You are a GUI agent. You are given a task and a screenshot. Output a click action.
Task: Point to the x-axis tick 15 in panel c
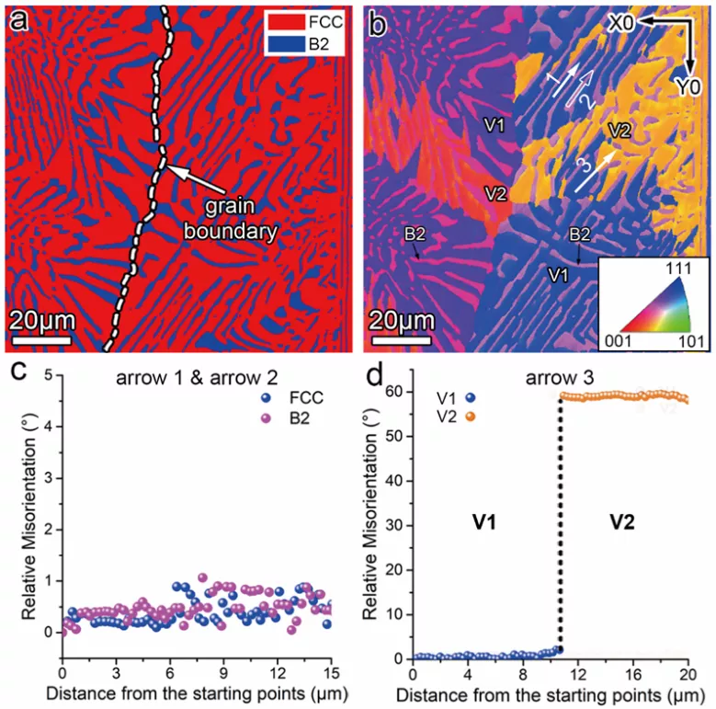click(x=330, y=671)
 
